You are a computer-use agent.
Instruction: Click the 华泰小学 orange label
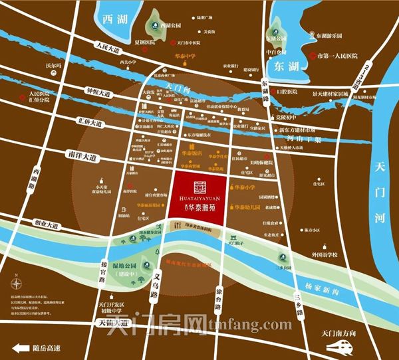tap(241, 188)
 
